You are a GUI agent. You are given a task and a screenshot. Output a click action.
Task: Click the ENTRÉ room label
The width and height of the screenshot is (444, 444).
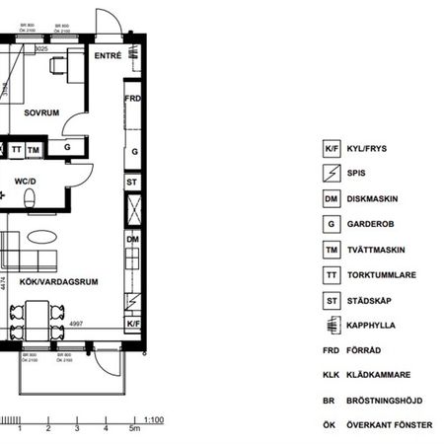point(109,56)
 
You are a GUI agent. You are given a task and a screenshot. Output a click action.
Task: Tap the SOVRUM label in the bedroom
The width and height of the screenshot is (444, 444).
point(42,113)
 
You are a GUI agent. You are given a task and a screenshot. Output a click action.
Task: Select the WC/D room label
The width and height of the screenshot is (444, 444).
point(26,181)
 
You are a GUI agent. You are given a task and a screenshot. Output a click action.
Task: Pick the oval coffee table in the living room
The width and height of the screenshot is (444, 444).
point(42,237)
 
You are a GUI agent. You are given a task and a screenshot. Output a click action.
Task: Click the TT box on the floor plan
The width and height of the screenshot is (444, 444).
point(17,149)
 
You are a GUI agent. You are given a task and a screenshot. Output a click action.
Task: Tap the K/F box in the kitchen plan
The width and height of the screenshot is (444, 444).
point(132,323)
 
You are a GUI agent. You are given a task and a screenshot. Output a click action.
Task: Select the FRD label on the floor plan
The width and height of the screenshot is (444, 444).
point(132,99)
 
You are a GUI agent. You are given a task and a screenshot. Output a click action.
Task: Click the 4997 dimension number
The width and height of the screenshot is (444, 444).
point(76,323)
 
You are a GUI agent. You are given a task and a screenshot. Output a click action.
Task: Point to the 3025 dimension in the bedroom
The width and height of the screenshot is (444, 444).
point(42,46)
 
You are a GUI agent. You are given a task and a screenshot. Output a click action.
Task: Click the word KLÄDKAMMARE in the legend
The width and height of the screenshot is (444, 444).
point(379,374)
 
